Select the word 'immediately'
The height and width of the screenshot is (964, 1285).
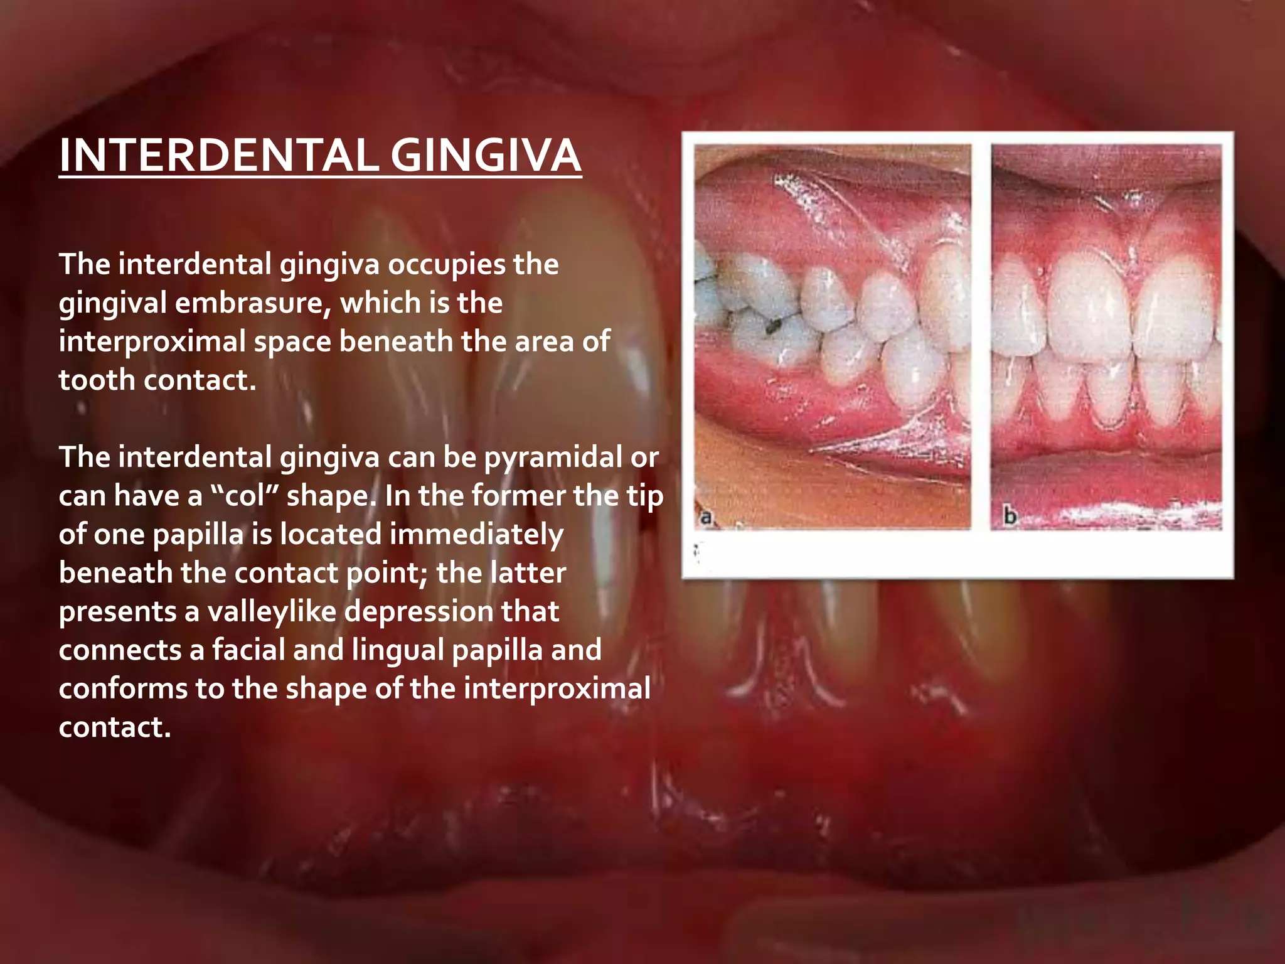point(422,535)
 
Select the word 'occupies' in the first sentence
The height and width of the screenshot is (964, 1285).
point(446,265)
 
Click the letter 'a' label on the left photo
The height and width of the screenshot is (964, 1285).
point(706,518)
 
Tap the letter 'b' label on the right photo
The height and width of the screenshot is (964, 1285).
point(1010,517)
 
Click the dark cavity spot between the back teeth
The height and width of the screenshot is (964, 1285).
point(774,324)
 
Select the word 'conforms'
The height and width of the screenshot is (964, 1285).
point(123,689)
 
